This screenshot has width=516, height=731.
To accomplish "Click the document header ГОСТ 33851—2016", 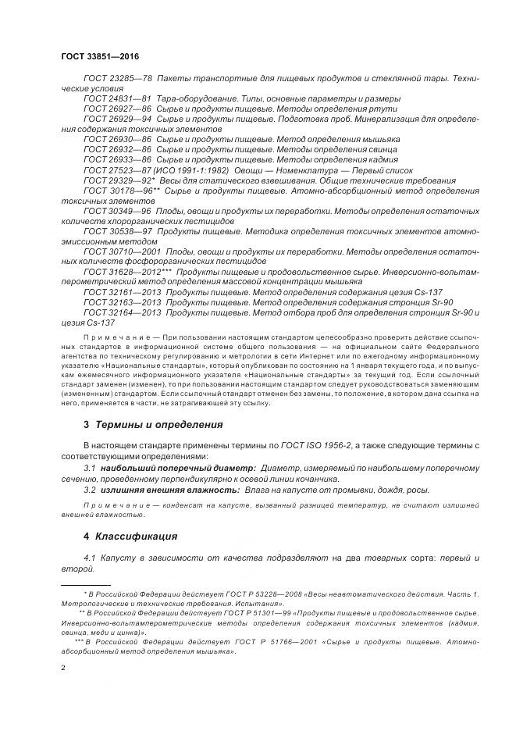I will (94, 57).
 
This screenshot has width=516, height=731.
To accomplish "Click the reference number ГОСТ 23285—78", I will (117, 80).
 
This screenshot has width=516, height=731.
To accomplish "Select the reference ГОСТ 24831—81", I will (117, 99).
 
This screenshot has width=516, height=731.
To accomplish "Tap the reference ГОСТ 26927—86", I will (117, 109).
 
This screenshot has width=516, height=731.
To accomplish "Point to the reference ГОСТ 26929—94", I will (117, 119).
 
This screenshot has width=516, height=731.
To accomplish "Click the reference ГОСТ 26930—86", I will (117, 139).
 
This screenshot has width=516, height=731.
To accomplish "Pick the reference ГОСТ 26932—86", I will (117, 149).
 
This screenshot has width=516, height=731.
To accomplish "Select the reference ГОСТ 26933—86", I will (117, 159).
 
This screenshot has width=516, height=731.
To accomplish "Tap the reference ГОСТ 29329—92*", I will (119, 180).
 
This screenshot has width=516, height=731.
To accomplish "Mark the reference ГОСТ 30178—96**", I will (121, 190).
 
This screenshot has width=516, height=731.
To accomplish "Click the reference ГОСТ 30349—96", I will (117, 211).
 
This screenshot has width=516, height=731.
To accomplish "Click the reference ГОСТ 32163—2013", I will (122, 302).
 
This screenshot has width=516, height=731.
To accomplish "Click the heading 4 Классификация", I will (130, 537).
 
